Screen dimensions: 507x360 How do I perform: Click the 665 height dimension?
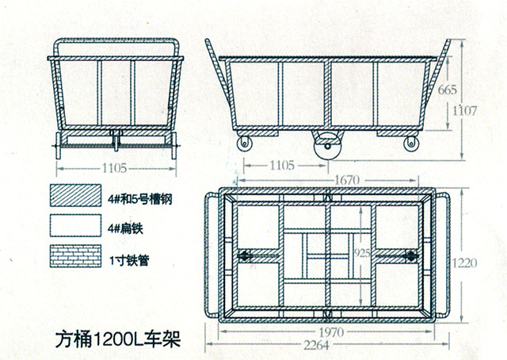click(x=447, y=90)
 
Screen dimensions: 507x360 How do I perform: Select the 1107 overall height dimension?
click(x=464, y=111)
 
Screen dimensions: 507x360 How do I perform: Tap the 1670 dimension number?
click(x=347, y=180)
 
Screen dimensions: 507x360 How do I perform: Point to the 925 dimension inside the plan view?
click(x=362, y=253)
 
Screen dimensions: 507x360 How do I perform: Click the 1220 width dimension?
click(x=464, y=263)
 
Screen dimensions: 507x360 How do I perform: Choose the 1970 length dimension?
click(x=332, y=332)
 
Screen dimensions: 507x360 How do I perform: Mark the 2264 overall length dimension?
click(x=316, y=346)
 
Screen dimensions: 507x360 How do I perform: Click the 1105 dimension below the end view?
click(x=114, y=168)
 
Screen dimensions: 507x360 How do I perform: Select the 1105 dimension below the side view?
click(x=282, y=166)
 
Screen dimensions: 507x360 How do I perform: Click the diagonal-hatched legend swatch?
click(x=75, y=195)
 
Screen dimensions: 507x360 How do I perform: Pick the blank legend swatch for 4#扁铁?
click(x=75, y=225)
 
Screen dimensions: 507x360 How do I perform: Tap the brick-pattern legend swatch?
click(x=75, y=256)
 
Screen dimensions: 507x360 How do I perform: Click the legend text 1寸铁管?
click(x=129, y=260)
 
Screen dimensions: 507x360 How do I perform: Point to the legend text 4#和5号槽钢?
click(x=140, y=199)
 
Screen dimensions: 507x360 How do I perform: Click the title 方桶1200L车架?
click(x=118, y=339)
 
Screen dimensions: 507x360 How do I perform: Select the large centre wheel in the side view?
click(x=327, y=147)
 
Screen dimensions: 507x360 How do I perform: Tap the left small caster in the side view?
click(x=244, y=143)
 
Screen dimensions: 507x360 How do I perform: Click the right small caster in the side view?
click(x=411, y=143)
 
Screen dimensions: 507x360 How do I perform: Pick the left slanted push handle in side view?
click(x=219, y=75)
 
